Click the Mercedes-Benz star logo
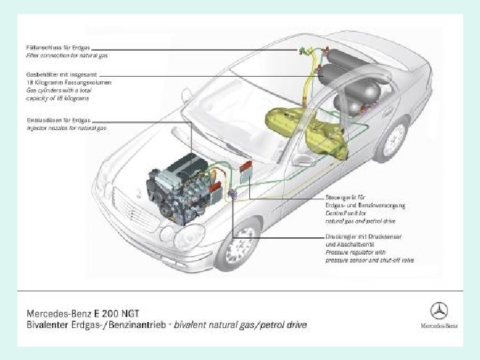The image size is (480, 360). click(x=438, y=311)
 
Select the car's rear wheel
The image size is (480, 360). click(x=393, y=137)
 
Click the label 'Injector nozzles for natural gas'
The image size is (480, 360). click(x=67, y=126)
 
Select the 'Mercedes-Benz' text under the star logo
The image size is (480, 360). click(x=438, y=326)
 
